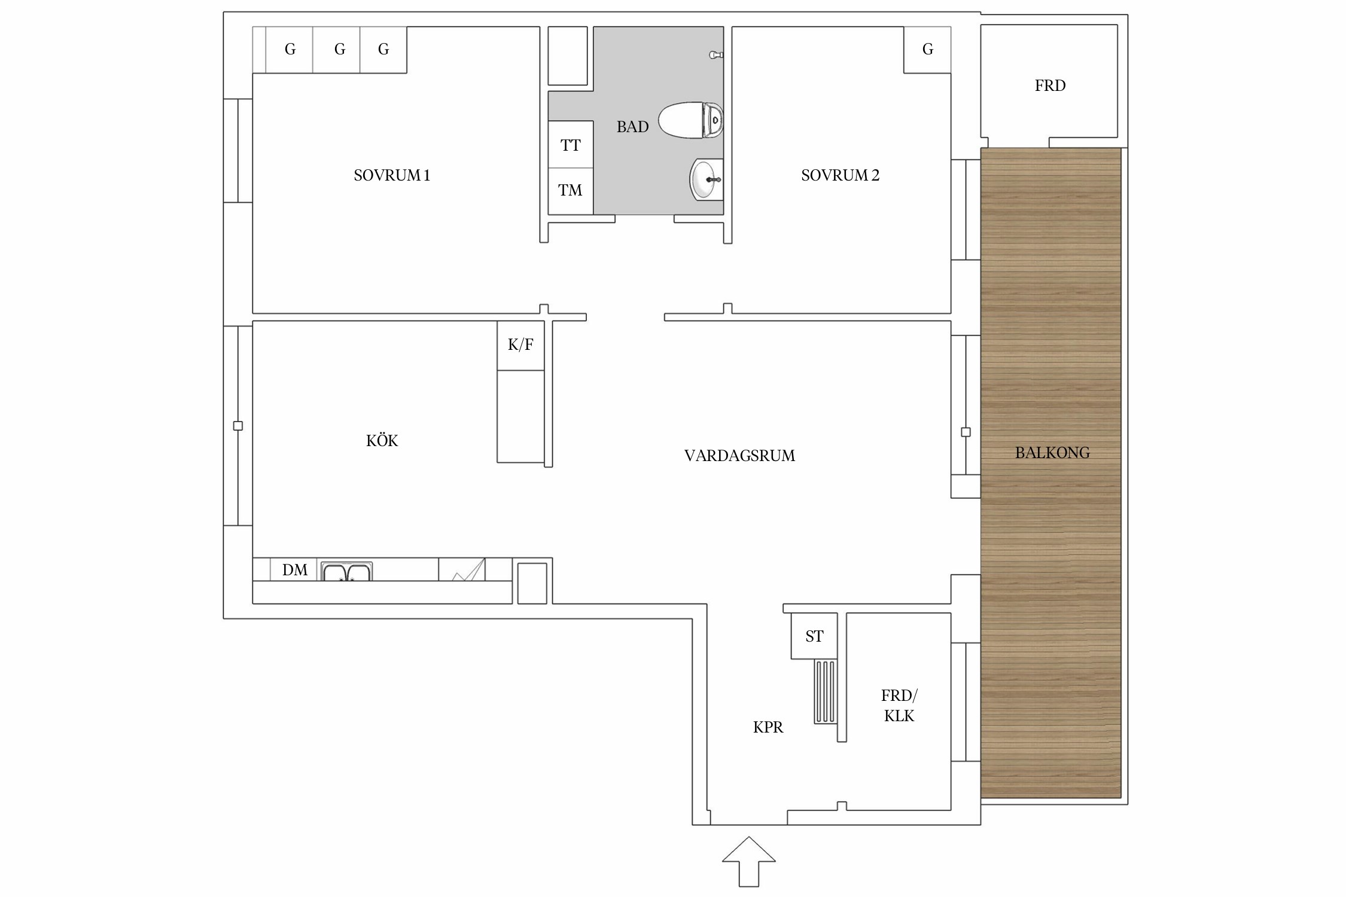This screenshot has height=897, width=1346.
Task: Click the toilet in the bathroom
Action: pos(691,120)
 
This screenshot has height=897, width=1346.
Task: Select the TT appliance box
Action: pos(571,145)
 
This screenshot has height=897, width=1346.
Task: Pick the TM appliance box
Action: pos(571,191)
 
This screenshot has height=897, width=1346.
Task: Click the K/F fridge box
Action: pos(520,345)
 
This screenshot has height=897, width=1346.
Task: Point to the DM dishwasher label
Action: pos(295,570)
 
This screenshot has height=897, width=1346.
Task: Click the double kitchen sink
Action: pos(346,571)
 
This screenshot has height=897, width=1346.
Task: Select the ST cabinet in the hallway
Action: pos(814,636)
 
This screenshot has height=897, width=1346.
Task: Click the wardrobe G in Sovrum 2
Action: pos(927,50)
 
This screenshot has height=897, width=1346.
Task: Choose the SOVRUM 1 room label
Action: pos(392,175)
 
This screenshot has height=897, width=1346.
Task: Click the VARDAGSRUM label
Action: pos(739,456)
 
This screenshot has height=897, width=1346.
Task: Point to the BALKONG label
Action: pos(1052,453)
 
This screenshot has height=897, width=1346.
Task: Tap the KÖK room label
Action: pos(382,440)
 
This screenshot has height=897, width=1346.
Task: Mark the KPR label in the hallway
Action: pos(768,727)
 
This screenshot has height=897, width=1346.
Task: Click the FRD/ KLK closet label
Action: pos(899,706)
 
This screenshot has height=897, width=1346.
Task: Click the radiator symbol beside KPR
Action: pos(825,691)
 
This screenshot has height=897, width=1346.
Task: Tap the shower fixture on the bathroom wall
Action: pos(716,55)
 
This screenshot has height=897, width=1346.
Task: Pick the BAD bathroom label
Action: pos(632,127)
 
